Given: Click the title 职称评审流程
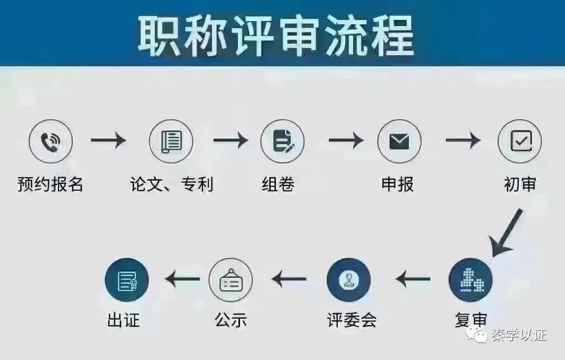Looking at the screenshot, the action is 276,35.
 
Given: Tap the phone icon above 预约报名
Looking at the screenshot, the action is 51,141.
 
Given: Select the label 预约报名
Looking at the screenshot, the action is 50,184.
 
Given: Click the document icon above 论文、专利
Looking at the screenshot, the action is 171,141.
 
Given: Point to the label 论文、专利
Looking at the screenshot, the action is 172,184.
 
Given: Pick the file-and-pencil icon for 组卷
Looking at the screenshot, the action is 282,141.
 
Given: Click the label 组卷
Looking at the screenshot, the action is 278,184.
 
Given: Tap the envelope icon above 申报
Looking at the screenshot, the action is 399,141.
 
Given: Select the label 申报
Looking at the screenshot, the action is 398,184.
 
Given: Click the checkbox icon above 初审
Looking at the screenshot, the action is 520,141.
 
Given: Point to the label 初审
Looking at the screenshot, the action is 520,184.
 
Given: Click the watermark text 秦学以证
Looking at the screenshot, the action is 519,335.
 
